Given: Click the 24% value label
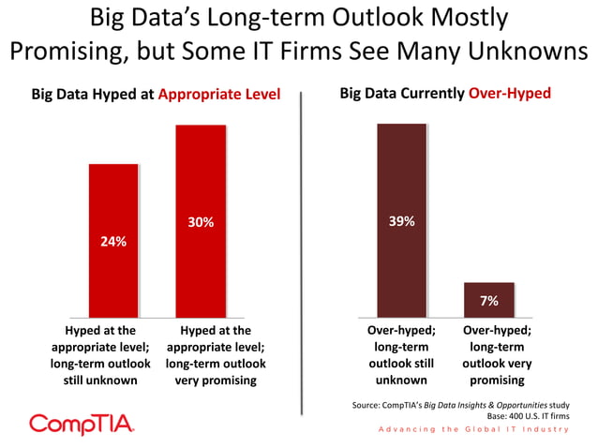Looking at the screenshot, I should tap(113, 241).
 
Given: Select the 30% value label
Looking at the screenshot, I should tap(201, 222).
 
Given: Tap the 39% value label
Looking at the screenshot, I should tap(401, 221).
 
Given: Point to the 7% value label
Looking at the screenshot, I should tap(488, 300).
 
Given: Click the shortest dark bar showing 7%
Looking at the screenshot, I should tap(488, 299).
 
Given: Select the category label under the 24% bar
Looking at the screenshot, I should tap(101, 355).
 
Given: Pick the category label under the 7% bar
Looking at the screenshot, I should tap(498, 355).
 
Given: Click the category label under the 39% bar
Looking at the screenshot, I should tap(402, 355).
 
